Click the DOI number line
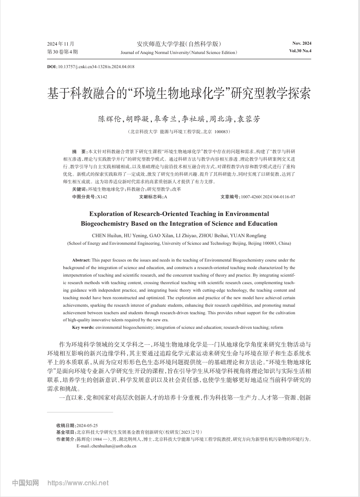(x=90, y=67)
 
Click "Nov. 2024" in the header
(x=302, y=43)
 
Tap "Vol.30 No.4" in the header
(x=300, y=51)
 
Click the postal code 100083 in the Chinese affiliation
(x=222, y=132)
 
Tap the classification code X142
(x=101, y=196)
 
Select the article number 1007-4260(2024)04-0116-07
(x=267, y=196)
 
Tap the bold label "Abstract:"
(x=81, y=260)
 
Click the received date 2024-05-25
(x=87, y=425)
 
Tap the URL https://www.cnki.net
(x=77, y=483)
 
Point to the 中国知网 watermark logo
(x=25, y=483)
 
